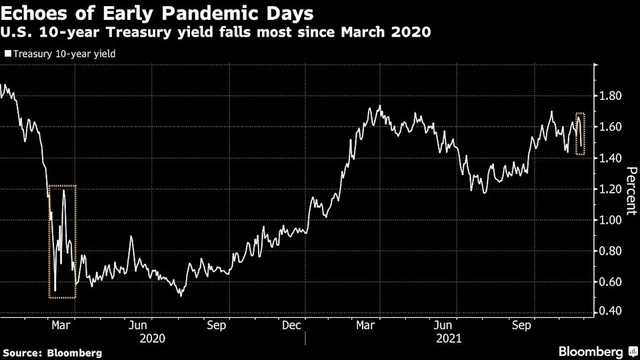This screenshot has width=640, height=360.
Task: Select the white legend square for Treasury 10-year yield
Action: [7, 53]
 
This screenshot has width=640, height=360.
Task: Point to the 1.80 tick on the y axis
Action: [611, 96]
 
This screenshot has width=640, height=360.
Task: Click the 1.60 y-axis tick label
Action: [611, 127]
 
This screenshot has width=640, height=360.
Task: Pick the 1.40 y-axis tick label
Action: [611, 158]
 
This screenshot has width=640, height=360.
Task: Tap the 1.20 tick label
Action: [611, 189]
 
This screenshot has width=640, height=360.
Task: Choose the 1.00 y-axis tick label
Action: [611, 220]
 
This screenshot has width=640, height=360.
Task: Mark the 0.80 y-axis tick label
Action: [611, 251]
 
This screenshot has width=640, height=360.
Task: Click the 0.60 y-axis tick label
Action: [611, 282]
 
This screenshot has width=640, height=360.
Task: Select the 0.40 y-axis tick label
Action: [611, 312]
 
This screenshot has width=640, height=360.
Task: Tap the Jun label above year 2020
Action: [138, 326]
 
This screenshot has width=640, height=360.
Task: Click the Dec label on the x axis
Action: [292, 326]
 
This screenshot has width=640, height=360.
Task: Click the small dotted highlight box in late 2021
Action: [579, 134]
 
